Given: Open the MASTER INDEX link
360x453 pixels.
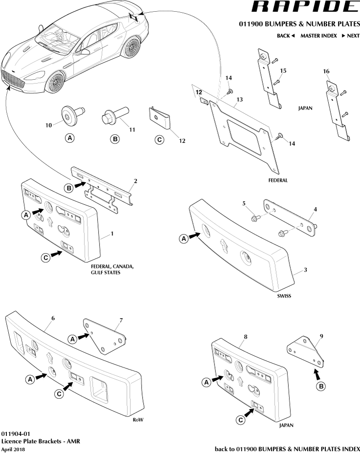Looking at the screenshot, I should coord(318,36).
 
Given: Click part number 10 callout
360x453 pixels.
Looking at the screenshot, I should coord(48,125).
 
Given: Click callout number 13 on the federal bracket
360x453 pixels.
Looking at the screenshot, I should coord(239,100).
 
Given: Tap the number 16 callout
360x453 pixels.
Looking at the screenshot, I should coord(326,71).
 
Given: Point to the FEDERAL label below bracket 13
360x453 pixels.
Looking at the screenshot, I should coord(277,180).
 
